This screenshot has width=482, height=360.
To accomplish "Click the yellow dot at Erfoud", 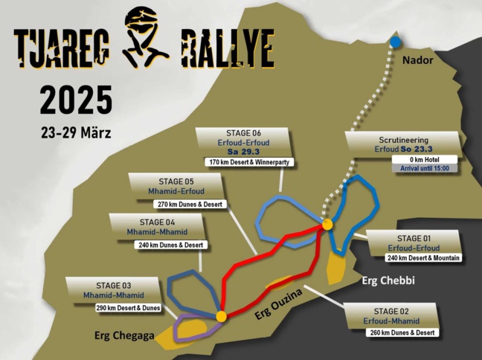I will pos(327,224).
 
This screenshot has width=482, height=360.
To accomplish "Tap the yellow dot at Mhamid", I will pos(221,317).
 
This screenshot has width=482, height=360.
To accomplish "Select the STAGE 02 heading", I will pos(399,311).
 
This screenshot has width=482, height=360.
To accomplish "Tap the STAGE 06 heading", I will pos(237,135).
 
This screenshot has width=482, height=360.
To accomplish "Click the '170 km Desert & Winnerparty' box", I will pos(242,161).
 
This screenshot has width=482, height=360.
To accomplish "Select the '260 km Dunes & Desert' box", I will pos(401,332).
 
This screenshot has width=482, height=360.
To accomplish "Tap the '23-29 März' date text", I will pos(76,134).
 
